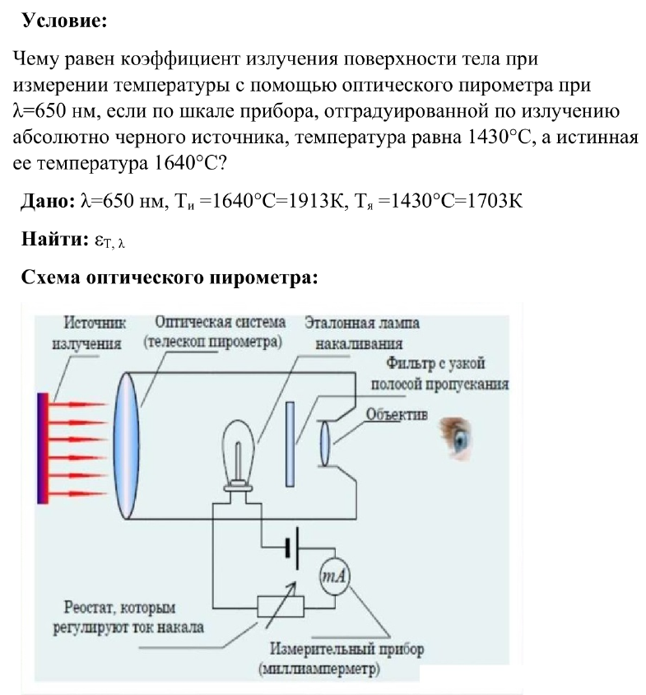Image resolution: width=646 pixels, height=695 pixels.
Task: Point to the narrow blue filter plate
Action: (290, 445)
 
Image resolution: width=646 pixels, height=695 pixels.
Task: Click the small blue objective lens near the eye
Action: (325, 443)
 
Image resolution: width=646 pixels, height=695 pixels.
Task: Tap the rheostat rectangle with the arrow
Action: (279, 604)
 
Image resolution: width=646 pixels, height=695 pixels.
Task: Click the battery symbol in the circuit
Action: (292, 548)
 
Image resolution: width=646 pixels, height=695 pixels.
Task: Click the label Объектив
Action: (397, 415)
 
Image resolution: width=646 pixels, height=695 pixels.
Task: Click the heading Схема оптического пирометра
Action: (169, 278)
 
